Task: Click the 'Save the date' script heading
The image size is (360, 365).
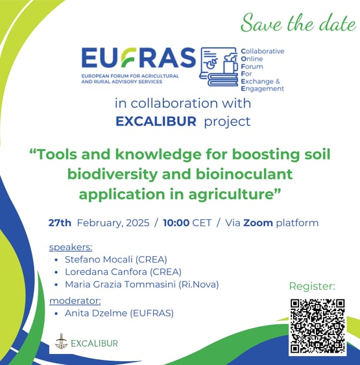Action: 298,23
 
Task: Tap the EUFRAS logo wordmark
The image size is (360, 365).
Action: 139,58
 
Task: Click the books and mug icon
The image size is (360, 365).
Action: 219,67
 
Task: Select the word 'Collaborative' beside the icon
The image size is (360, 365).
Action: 263,51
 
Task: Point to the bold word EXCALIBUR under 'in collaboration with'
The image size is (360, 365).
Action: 156,121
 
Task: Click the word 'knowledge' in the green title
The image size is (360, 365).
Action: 158,155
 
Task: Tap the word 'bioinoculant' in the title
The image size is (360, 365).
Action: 244,174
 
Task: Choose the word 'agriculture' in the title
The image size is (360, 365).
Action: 230,194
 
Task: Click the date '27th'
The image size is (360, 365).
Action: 60,223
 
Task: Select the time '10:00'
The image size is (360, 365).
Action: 176,223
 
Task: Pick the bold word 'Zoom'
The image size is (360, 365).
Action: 258,223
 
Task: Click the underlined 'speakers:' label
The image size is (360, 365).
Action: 71,248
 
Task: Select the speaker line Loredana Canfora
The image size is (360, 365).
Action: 123,272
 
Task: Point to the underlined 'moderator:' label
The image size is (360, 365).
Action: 75,301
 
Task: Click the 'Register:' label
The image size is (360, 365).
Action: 312,287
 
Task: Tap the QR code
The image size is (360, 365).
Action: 318,326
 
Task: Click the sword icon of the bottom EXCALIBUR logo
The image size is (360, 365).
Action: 61,341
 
